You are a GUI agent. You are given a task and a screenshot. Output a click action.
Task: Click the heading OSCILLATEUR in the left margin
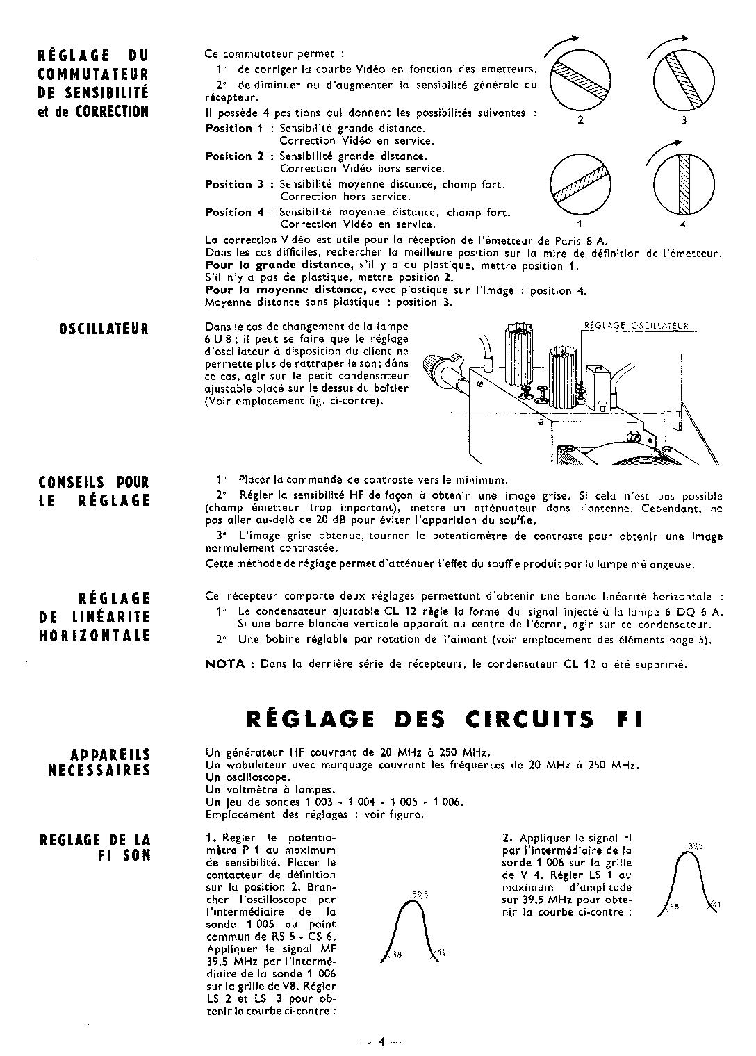tap(104, 329)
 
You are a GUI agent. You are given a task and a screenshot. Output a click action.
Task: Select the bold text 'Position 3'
tap(234, 185)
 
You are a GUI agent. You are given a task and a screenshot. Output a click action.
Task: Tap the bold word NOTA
tap(226, 664)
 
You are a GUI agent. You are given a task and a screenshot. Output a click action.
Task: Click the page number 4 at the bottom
tap(381, 1041)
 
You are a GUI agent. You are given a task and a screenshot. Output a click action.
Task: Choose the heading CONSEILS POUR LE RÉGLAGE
tap(94, 491)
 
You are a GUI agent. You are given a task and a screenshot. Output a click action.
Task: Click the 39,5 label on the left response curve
tap(419, 895)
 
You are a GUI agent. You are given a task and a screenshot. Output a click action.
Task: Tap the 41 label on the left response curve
tap(441, 952)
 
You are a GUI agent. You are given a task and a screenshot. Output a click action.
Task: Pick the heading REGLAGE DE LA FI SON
tap(94, 848)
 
